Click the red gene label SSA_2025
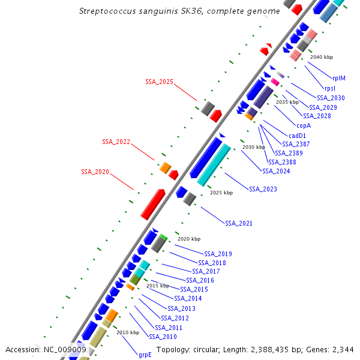159,82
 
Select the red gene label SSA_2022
116,142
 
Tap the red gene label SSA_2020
95,172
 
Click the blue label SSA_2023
263,190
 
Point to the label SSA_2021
239,223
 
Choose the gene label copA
304,126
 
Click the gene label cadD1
297,136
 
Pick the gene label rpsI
330,88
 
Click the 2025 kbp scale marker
221,193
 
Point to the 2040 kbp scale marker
321,57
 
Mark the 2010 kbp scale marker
127,332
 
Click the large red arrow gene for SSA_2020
152,205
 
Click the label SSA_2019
218,254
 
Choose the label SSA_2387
296,144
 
